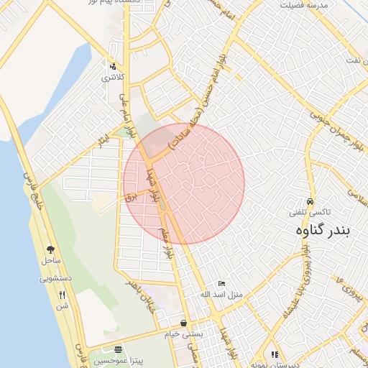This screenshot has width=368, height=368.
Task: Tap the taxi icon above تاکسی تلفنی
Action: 310,202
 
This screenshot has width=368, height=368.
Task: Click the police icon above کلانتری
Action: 111,65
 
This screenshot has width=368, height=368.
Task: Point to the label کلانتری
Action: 112,76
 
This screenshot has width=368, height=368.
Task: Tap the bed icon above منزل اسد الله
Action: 221,285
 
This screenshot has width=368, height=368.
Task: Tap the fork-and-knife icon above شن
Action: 62,295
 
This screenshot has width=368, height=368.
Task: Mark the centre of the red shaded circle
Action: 183,183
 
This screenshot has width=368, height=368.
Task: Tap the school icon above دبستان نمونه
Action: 275,354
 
